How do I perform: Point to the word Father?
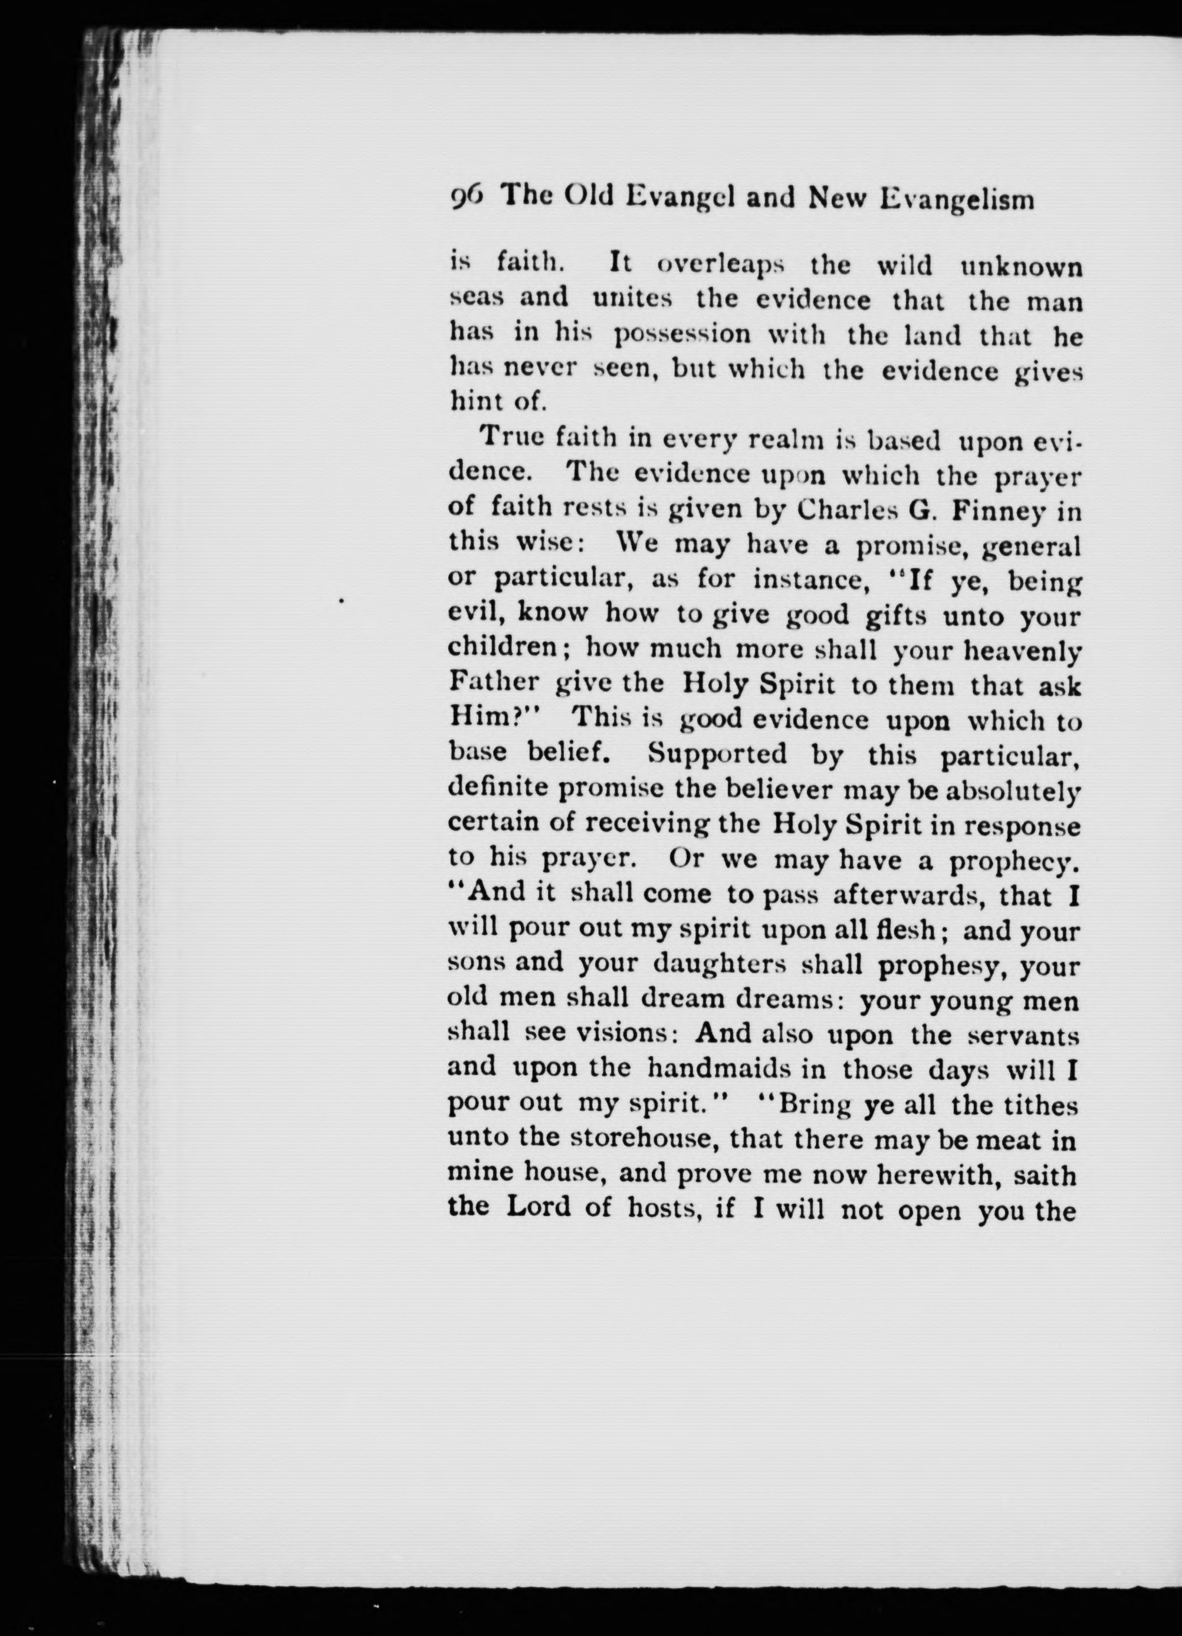tap(494, 683)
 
